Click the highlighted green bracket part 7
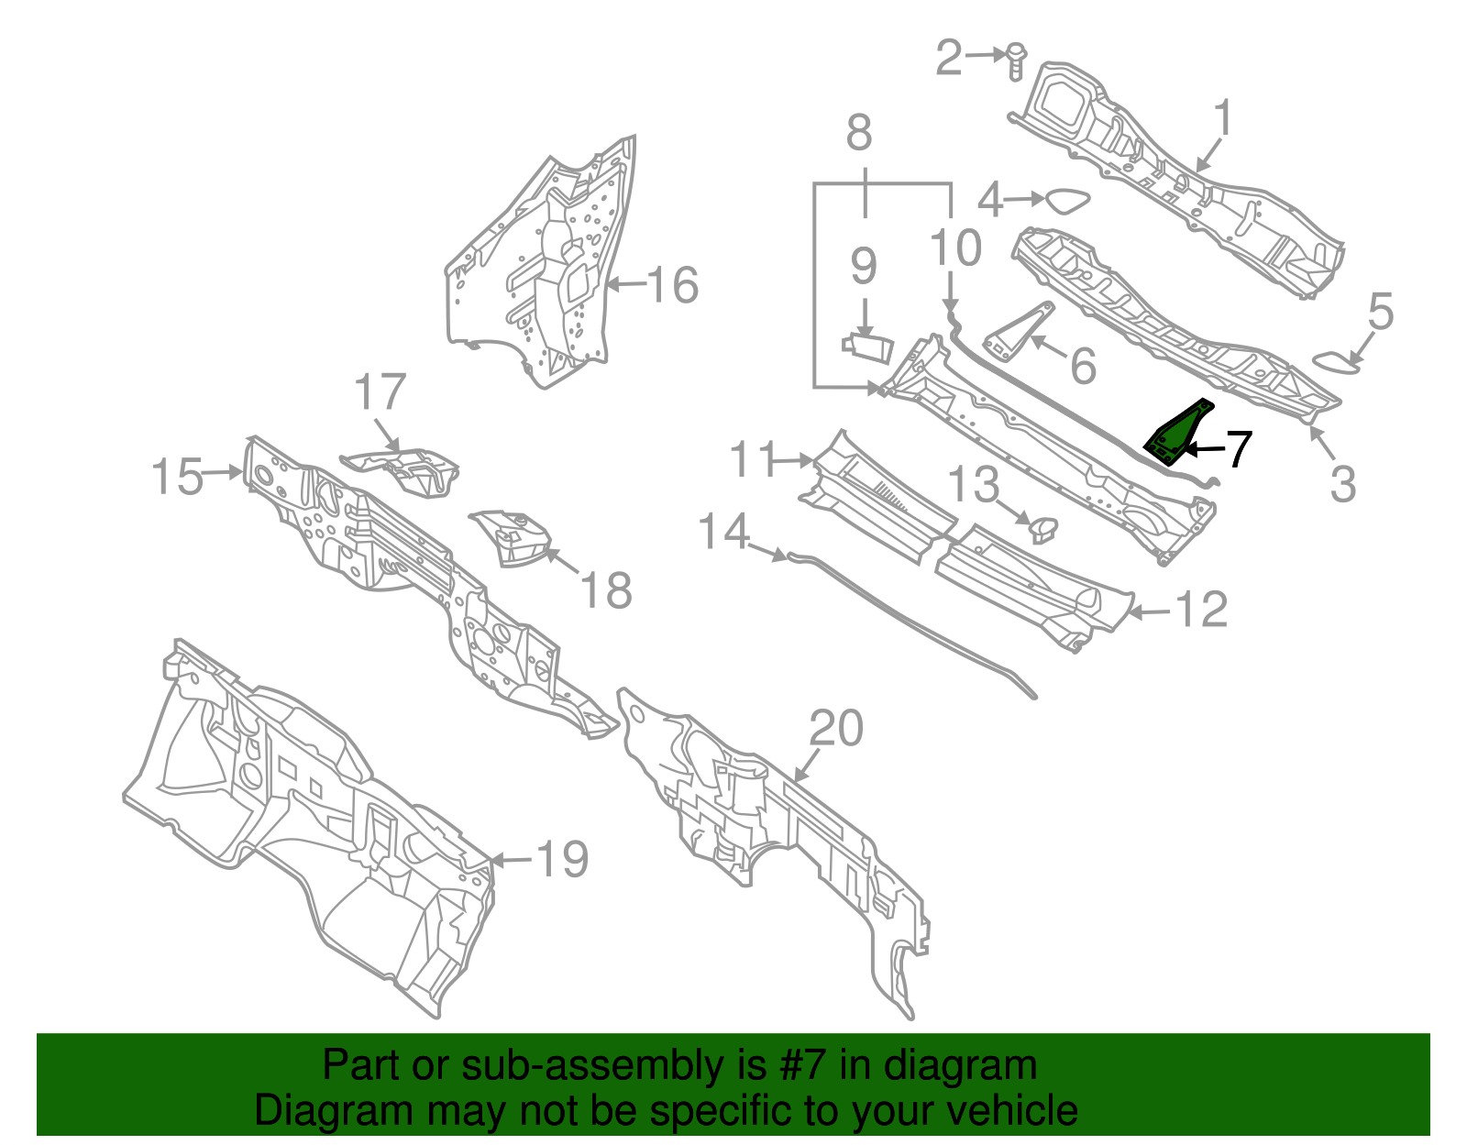click(1176, 432)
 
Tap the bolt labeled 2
click(1016, 61)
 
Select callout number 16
click(673, 285)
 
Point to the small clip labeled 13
click(1043, 527)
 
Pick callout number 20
click(836, 729)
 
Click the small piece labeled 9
click(867, 345)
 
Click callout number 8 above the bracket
click(858, 134)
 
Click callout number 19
click(561, 860)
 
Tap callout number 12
click(1201, 610)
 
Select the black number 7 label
click(1238, 449)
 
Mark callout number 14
click(724, 532)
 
